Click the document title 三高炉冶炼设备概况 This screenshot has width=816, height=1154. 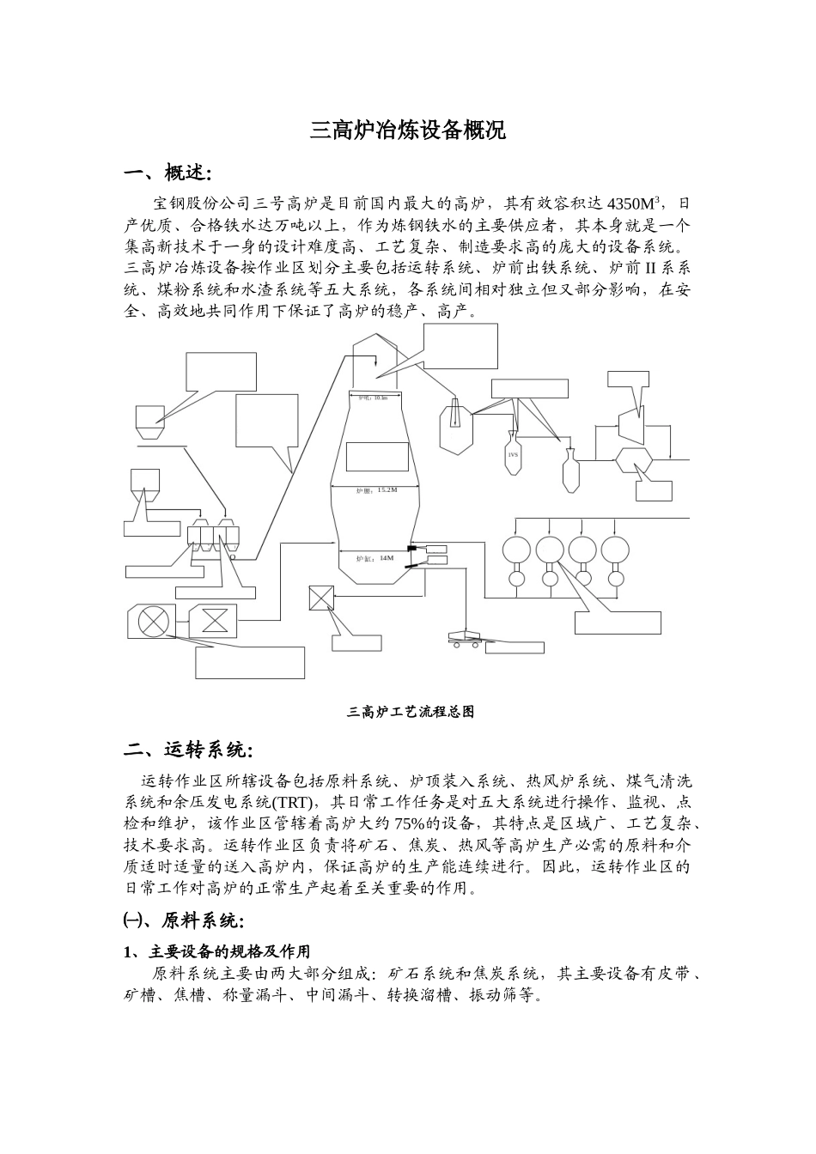click(407, 131)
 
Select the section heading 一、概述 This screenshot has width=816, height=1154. click(167, 174)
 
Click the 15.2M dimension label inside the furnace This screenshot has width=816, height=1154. click(387, 489)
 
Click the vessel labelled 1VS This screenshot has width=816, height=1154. click(513, 454)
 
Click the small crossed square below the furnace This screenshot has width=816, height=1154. click(321, 598)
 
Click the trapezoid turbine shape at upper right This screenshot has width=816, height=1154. click(636, 422)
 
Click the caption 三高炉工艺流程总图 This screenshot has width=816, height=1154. click(410, 712)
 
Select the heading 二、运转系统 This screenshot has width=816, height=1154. click(188, 750)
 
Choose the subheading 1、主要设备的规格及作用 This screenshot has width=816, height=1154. click(217, 951)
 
